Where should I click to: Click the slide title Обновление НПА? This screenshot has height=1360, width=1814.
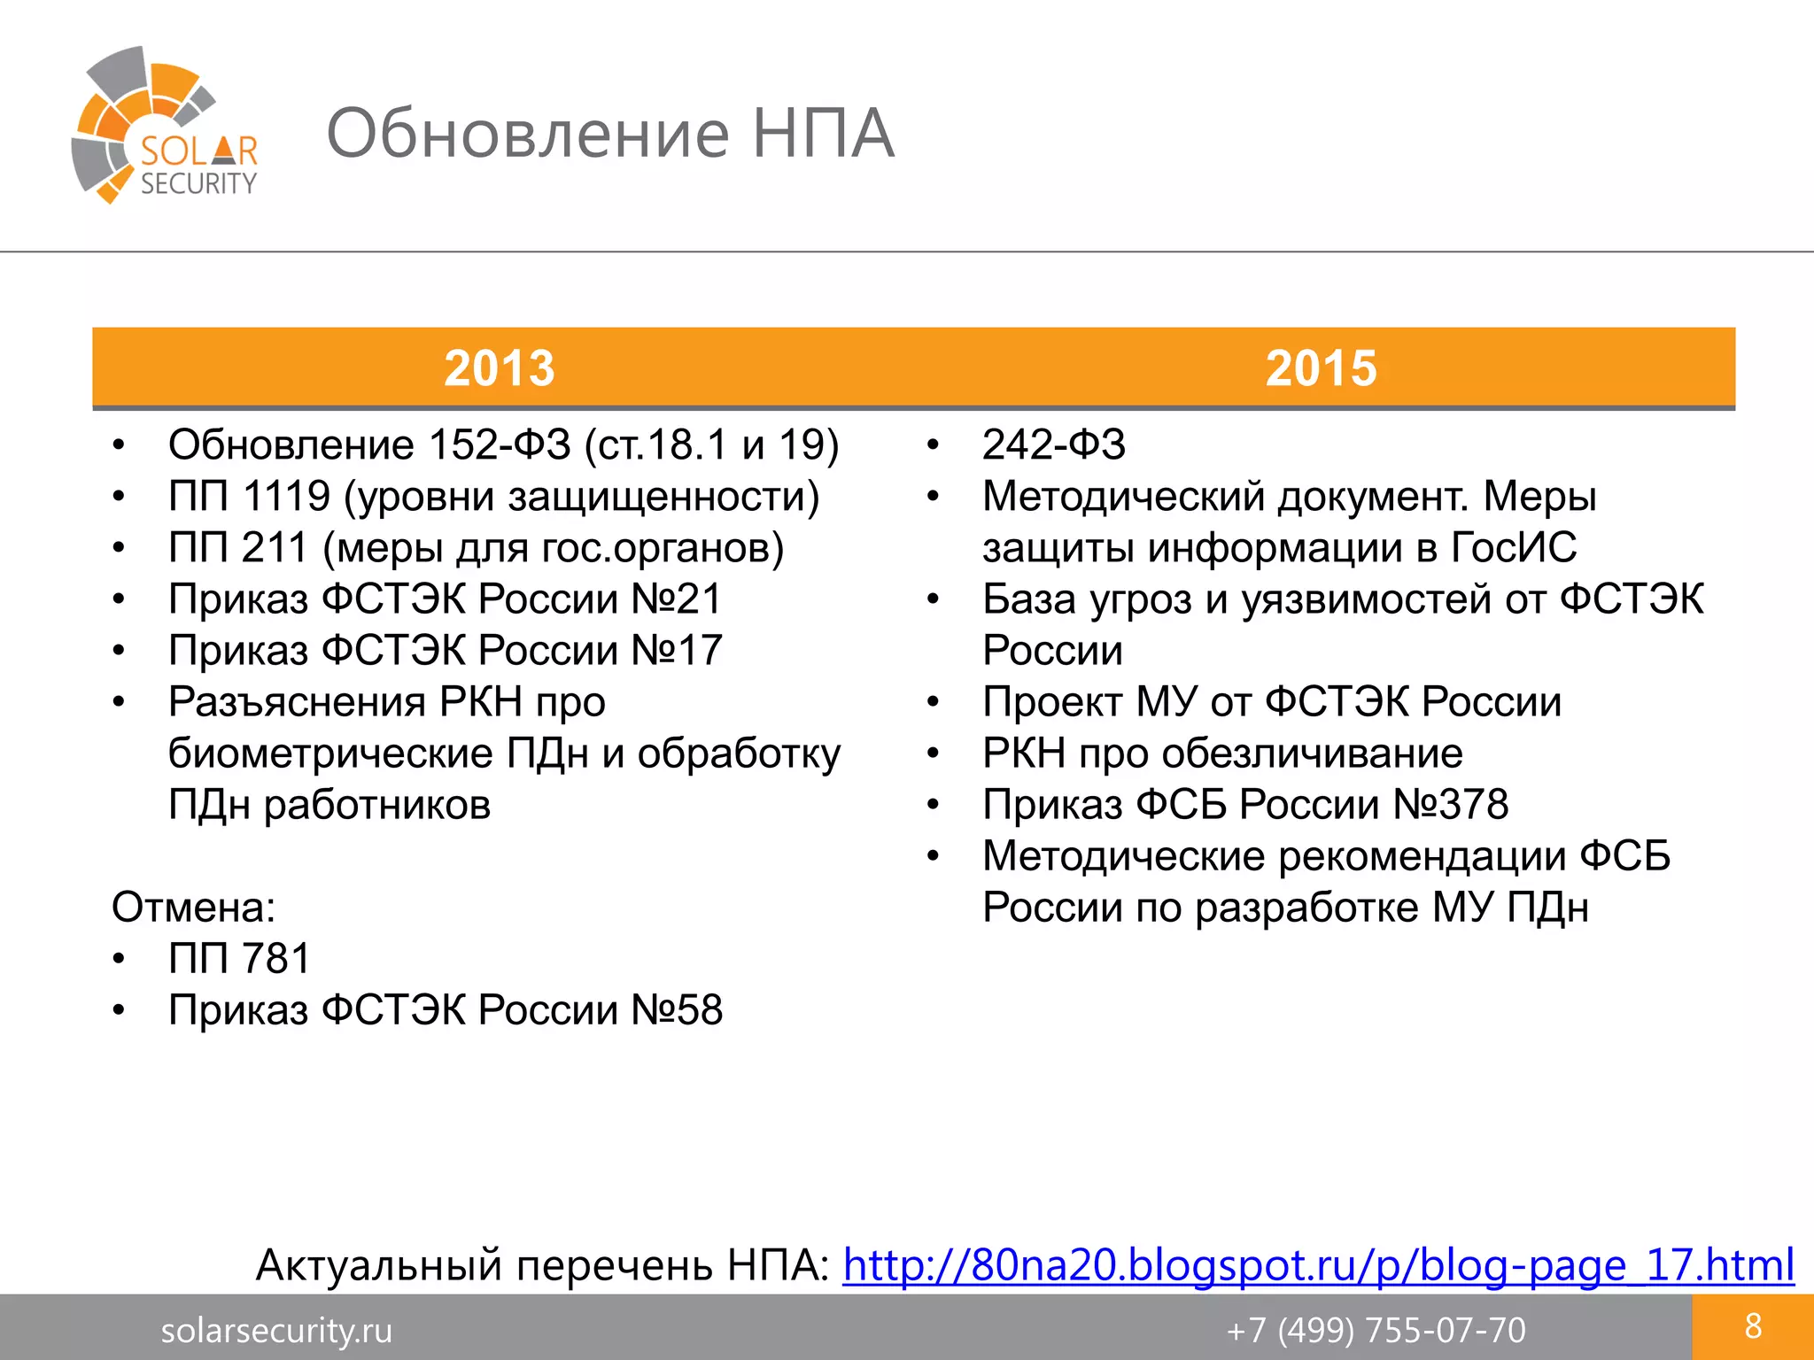coord(610,134)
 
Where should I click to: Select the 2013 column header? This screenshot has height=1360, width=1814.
coord(499,367)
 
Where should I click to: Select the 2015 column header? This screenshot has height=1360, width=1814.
coord(1321,367)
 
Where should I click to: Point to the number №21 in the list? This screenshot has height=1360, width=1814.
coord(677,599)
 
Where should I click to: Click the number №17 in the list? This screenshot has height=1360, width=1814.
coord(677,650)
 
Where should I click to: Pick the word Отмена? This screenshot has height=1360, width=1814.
coord(194,908)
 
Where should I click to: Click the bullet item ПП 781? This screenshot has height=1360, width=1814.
coord(239,958)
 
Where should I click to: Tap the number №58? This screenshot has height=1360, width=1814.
coord(677,1010)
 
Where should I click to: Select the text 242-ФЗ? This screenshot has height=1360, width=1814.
coord(1053,444)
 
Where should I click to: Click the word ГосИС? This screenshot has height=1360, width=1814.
coord(1514,547)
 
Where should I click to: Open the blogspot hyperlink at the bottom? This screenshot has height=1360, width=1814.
coord(1318,1264)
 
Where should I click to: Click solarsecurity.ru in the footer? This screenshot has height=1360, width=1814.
coord(276,1330)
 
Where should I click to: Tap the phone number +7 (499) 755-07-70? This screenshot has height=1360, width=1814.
coord(1376,1330)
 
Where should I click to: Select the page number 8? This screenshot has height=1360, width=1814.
coord(1752,1326)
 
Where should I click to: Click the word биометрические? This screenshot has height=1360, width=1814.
coord(330,753)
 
